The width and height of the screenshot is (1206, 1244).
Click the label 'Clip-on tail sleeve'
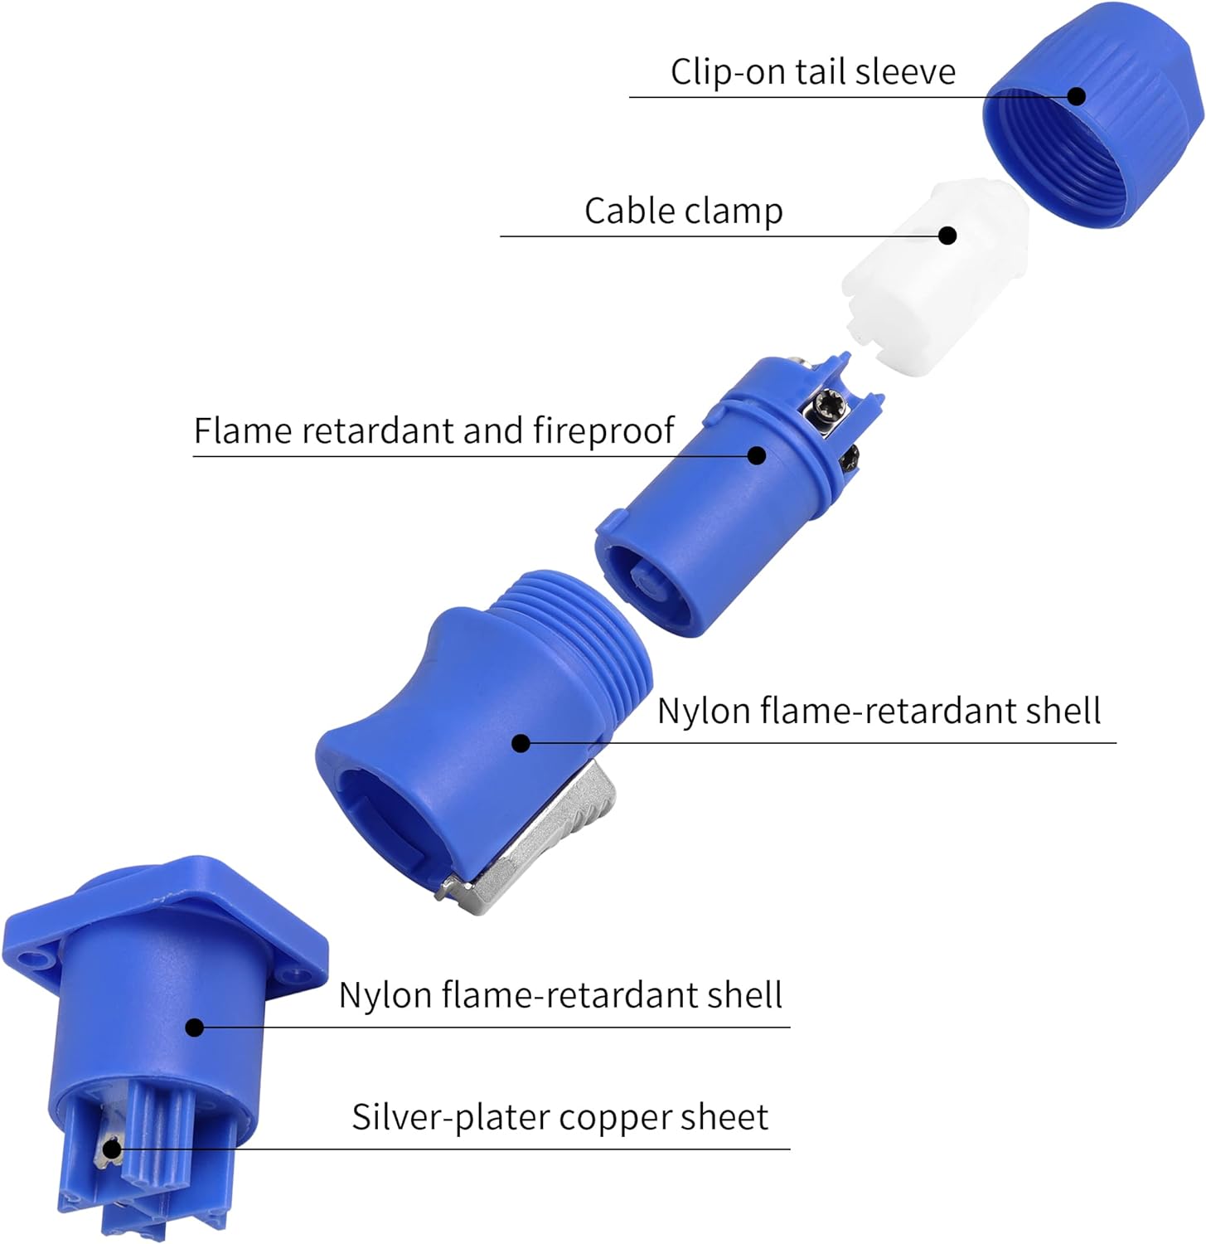[x=813, y=72]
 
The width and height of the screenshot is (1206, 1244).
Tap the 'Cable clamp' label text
[x=684, y=211]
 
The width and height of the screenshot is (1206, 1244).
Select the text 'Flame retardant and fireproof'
[x=434, y=431]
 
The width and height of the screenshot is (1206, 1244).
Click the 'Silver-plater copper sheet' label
[x=560, y=1117]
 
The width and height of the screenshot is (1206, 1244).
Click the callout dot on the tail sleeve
[x=1077, y=96]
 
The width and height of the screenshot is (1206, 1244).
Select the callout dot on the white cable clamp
[x=947, y=236]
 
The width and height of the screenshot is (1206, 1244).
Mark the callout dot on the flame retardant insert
[x=756, y=454]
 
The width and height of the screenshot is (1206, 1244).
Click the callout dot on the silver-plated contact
[x=111, y=1149]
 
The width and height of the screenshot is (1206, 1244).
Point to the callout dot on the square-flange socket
[x=195, y=1028]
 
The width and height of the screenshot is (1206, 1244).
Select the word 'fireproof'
[x=603, y=431]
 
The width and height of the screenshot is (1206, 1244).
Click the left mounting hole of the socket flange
[x=34, y=961]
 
